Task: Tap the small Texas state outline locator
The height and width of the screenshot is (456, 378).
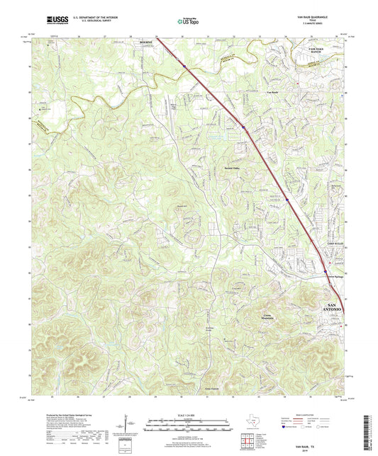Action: [252, 423]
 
